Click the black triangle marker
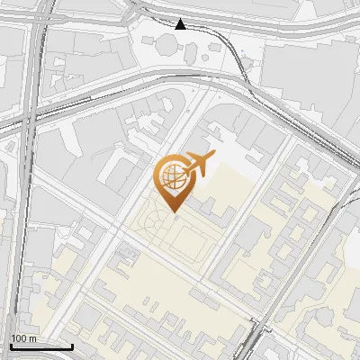click(181, 24)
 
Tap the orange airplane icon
click(200, 165)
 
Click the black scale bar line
click(41, 346)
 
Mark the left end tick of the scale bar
click(11, 345)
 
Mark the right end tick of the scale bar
click(72, 345)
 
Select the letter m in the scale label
click(32, 338)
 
